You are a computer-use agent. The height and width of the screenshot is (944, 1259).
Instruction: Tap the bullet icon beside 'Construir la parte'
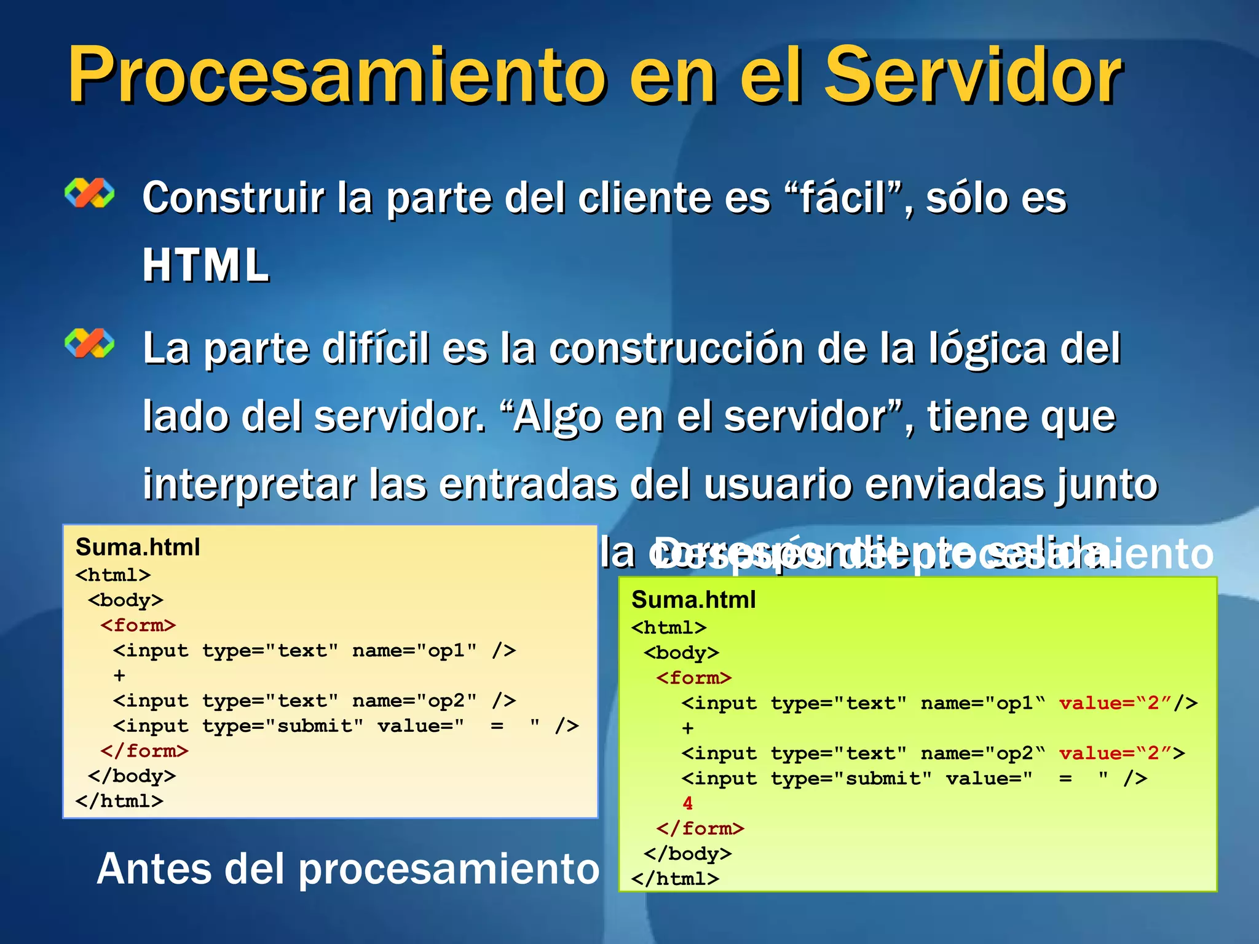[x=90, y=193]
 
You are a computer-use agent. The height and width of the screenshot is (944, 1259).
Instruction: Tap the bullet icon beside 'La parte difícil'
[x=90, y=343]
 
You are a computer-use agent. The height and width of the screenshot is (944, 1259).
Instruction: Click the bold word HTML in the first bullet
[x=206, y=265]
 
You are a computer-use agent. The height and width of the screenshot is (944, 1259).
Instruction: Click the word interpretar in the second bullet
[x=250, y=484]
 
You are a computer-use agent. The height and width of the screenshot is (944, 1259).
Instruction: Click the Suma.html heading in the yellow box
[x=138, y=547]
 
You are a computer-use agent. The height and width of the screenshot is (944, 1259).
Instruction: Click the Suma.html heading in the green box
[x=693, y=600]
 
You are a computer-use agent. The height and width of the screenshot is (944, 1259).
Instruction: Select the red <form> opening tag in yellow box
[x=138, y=626]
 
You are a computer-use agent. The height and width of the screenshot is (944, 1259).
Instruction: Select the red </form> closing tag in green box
[x=700, y=828]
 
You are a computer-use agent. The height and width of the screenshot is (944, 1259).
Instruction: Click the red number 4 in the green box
[x=687, y=803]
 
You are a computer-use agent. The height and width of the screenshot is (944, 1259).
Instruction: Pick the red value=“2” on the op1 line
[x=1115, y=703]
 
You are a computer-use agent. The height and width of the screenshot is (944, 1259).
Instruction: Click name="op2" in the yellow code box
[x=414, y=701]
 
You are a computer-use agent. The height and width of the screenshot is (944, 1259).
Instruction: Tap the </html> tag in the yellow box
[x=119, y=801]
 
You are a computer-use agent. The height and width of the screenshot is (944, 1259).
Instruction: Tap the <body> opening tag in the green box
[x=681, y=653]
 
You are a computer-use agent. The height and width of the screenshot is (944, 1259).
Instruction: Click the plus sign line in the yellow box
[x=119, y=675]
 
